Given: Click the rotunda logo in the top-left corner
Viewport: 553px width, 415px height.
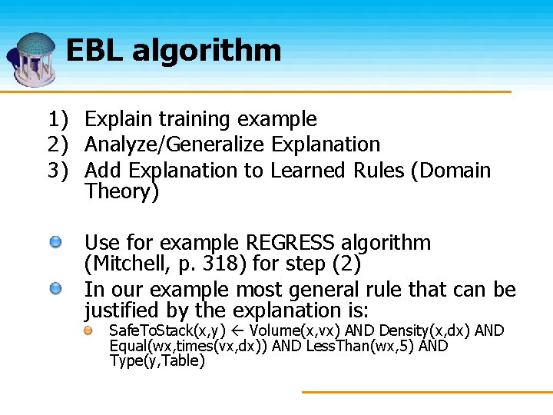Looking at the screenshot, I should pos(32,58).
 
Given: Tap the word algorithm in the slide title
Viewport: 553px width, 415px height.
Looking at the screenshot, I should pos(207,51).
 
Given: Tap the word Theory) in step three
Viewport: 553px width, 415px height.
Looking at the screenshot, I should pos(122,191).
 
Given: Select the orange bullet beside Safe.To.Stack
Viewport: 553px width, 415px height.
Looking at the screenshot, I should pos(90,330).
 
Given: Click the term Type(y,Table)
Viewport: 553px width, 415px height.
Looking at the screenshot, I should pos(157,361).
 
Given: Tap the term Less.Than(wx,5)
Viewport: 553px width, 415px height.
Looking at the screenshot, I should pos(360,346).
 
